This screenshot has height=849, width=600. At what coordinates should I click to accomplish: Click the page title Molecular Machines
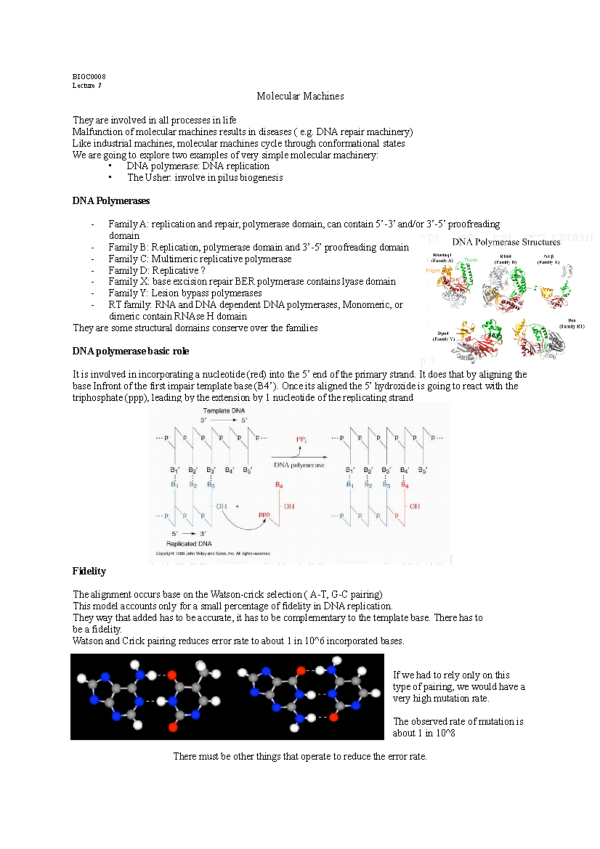coord(300,96)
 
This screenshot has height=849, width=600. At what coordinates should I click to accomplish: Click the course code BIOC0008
coord(89,76)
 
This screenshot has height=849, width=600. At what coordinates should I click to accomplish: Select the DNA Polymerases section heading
coord(111,201)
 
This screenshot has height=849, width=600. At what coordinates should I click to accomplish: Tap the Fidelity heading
coord(89,571)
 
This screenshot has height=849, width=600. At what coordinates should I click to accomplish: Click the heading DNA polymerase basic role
coord(130,351)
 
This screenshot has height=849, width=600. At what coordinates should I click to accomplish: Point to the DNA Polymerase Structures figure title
coord(506,242)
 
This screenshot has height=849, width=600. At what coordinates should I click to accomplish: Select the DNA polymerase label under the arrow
coord(299,465)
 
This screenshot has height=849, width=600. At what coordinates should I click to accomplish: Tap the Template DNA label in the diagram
coord(223,410)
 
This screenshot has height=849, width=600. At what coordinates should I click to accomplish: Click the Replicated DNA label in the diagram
coord(189,543)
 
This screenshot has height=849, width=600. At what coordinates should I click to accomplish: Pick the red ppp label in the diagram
coord(264,514)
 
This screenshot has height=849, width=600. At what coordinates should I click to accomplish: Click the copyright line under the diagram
coord(213,553)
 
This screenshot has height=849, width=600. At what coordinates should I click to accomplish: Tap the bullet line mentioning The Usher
coord(204,177)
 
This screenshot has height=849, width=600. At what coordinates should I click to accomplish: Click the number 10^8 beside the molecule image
coord(445,733)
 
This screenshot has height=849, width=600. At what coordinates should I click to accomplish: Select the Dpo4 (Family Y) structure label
coord(443,336)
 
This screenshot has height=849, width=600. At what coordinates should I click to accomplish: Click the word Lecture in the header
coord(83,85)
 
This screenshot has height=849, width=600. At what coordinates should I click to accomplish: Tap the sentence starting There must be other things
coord(300,756)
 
